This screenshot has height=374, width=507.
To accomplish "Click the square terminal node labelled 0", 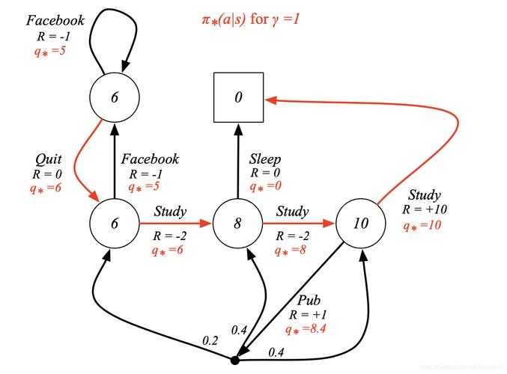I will [238, 97].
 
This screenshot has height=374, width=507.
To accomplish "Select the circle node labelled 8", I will [237, 223].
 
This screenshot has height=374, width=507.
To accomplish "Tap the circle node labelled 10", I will [360, 223].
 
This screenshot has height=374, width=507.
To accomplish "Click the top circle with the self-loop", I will [114, 97].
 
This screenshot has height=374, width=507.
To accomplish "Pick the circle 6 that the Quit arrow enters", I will [114, 223].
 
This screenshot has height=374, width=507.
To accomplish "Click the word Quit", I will [49, 159].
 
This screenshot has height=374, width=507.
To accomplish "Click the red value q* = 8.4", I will [304, 327].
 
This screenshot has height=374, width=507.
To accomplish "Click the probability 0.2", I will [211, 340].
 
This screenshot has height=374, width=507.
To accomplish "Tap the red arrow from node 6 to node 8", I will [175, 223].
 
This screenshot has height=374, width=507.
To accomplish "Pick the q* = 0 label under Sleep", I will [264, 186].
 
